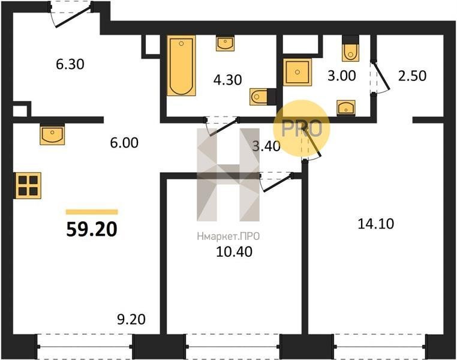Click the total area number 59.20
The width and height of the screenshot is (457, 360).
(92, 229)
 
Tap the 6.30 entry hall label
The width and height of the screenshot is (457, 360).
(70, 64)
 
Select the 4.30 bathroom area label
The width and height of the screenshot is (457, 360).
(228, 80)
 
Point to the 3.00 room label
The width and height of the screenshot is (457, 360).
(342, 76)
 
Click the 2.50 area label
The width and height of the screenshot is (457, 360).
(413, 76)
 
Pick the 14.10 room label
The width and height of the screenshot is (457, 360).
(375, 224)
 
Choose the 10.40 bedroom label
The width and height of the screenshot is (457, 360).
(234, 252)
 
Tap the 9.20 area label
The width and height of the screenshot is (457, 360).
(131, 319)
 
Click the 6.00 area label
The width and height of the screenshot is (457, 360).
(124, 143)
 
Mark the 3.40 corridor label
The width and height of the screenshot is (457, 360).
(266, 146)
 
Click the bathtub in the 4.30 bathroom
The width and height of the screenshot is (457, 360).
(181, 65)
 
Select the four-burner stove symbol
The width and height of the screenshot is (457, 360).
(28, 185)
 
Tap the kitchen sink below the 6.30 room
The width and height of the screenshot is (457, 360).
(52, 134)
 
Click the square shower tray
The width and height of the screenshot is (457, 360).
(297, 72)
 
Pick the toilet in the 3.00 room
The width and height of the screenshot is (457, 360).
(350, 49)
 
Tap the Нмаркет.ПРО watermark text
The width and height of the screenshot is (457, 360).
(228, 236)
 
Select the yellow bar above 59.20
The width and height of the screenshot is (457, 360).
(92, 212)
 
